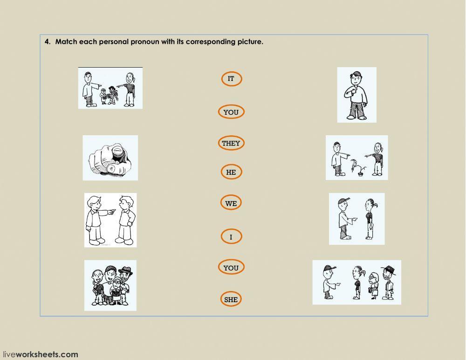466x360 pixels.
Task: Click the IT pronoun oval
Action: coord(231,79)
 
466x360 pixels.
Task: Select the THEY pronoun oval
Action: coord(231,143)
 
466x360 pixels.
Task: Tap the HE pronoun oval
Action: coord(231,172)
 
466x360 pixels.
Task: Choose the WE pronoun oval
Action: coord(231,203)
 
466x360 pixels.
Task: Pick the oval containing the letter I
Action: coord(231,237)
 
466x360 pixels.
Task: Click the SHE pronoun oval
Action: coord(231,299)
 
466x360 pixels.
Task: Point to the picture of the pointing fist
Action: coord(110,158)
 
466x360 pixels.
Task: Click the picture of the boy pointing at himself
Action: coord(356,95)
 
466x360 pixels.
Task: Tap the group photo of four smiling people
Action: coord(110,285)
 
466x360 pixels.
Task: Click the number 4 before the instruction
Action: coord(47,42)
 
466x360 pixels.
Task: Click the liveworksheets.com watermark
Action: coord(41,354)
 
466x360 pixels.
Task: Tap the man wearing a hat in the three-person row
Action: coord(389,283)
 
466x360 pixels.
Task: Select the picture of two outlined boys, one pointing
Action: coord(110,220)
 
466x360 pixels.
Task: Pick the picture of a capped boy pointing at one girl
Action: coord(356,219)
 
